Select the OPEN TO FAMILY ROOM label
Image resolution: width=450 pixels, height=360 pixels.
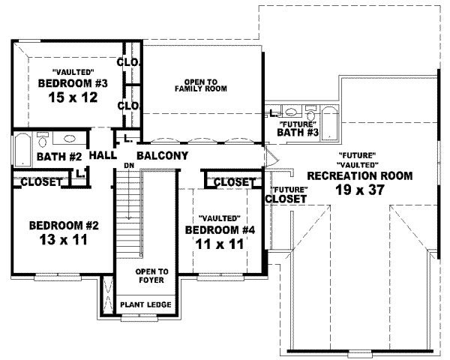click(200, 84)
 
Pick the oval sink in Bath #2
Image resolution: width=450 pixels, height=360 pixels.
click(68, 139)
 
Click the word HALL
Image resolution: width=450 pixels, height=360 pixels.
click(102, 156)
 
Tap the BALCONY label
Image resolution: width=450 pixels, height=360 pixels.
click(162, 156)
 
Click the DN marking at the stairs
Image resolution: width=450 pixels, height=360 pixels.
click(129, 165)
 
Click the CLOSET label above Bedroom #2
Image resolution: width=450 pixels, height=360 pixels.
click(40, 181)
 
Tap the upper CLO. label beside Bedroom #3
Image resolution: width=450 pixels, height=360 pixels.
click(129, 62)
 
